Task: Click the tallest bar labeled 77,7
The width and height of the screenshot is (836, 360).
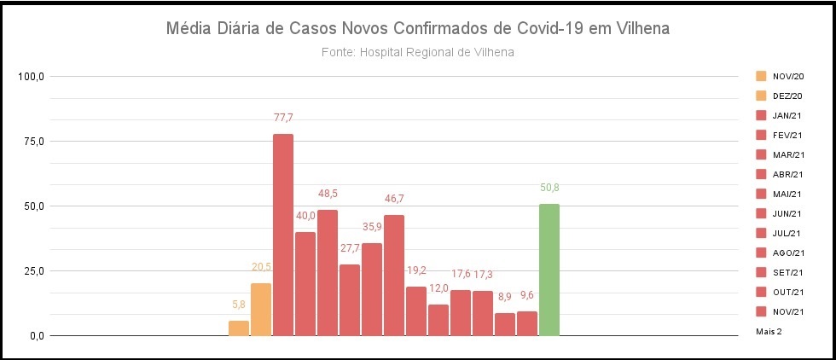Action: pyautogui.click(x=283, y=235)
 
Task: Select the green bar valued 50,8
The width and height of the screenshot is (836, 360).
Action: pyautogui.click(x=549, y=270)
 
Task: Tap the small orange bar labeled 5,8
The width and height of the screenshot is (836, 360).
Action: pyautogui.click(x=239, y=328)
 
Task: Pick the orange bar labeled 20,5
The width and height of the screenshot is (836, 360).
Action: pyautogui.click(x=261, y=309)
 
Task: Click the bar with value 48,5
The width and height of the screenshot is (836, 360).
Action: pyautogui.click(x=328, y=272)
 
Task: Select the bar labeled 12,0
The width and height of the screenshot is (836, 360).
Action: pyautogui.click(x=438, y=320)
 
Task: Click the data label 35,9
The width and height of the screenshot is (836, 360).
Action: pyautogui.click(x=372, y=227)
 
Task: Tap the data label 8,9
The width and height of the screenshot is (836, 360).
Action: pyautogui.click(x=505, y=296)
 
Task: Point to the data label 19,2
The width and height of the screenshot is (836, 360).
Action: pyautogui.click(x=416, y=269)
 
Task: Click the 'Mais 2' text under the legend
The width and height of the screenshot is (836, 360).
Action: pyautogui.click(x=769, y=330)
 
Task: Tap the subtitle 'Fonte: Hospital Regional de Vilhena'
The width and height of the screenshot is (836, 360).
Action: pyautogui.click(x=418, y=53)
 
